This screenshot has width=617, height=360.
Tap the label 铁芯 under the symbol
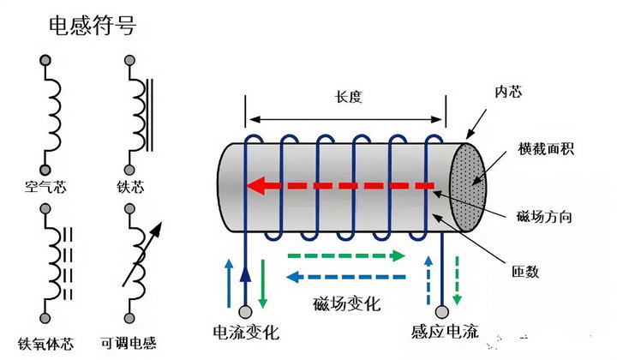tap(129, 184)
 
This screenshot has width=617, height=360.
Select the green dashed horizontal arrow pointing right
tap(346, 256)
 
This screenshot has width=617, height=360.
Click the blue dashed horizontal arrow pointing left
tap(346, 277)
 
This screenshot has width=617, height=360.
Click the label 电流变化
tap(245, 331)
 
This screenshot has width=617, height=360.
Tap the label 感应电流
tap(443, 331)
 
